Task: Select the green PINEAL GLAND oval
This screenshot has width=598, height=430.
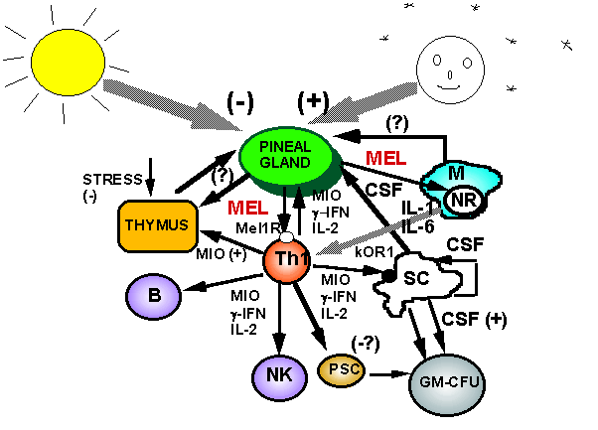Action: pyautogui.click(x=287, y=157)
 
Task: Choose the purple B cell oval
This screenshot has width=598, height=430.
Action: pyautogui.click(x=156, y=295)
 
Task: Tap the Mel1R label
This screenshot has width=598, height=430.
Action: pyautogui.click(x=255, y=227)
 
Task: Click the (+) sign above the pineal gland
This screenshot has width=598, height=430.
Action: pyautogui.click(x=313, y=101)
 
